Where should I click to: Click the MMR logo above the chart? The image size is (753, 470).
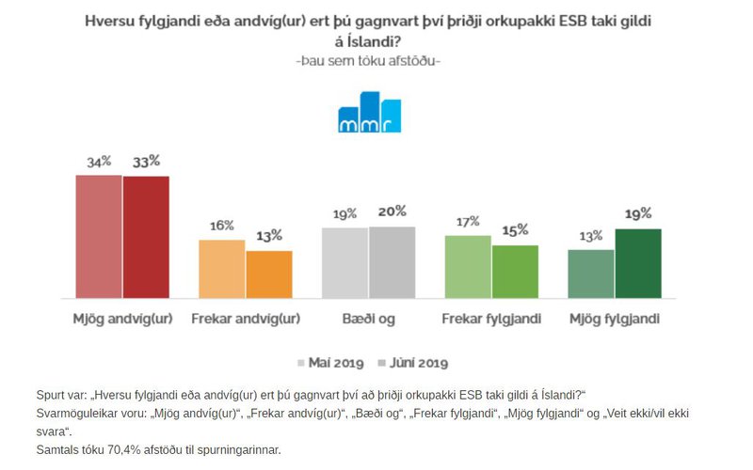click(x=369, y=114)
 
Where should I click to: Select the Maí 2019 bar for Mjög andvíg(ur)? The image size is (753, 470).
click(x=99, y=237)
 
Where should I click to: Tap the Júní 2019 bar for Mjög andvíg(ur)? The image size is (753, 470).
click(x=146, y=237)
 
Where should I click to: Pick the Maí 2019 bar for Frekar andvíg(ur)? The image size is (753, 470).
click(x=222, y=269)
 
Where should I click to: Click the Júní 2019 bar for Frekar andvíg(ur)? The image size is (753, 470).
click(x=269, y=274)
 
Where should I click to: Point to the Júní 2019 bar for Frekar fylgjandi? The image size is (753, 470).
click(x=515, y=272)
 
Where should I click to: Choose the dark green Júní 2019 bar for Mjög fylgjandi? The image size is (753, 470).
click(x=638, y=263)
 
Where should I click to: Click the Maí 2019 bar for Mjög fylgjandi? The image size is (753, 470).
click(x=591, y=274)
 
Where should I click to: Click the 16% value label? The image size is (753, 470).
click(x=222, y=226)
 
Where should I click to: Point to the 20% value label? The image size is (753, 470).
click(x=393, y=211)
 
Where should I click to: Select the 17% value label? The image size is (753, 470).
click(x=468, y=221)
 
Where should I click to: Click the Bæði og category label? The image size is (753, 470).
click(x=368, y=319)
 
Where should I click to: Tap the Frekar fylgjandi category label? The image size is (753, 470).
click(x=491, y=319)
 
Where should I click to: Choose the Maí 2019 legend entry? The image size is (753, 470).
click(x=331, y=362)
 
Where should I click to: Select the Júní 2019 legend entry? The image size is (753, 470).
click(x=412, y=362)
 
